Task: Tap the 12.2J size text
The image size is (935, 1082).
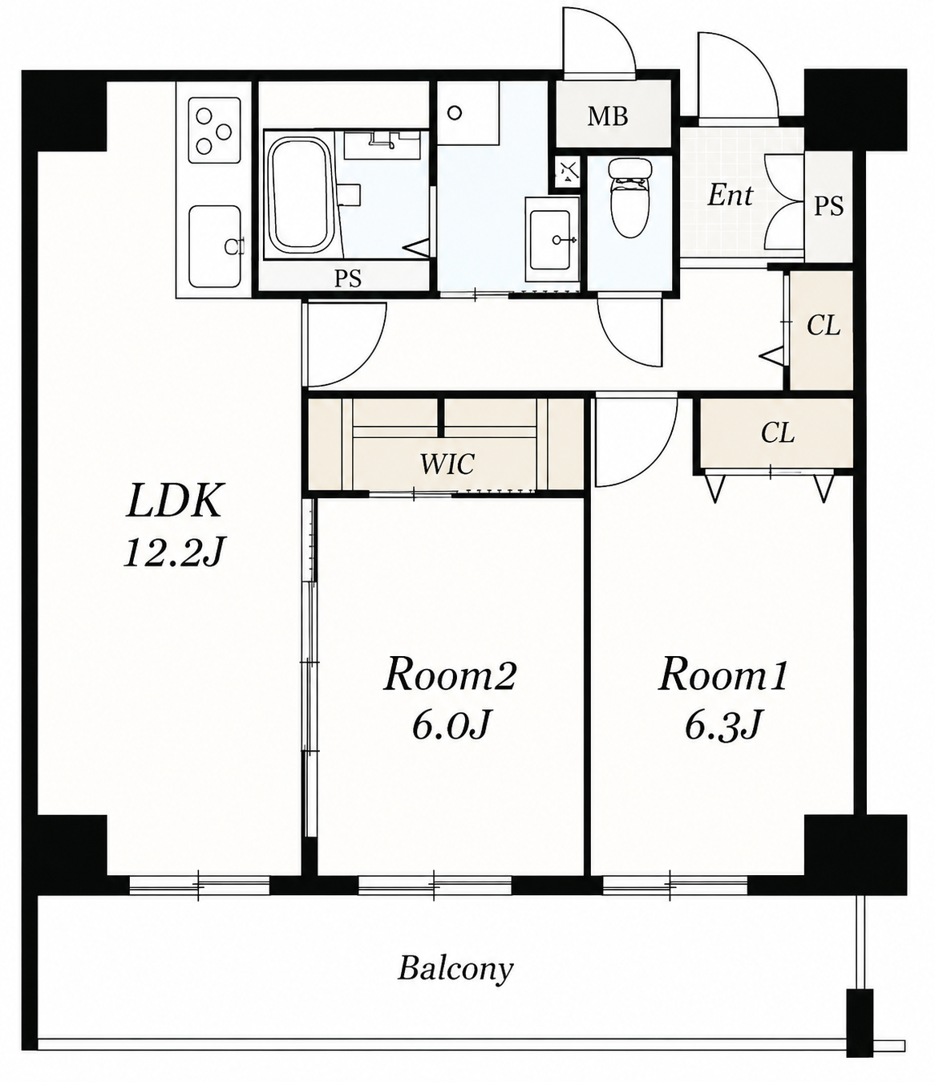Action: (x=173, y=553)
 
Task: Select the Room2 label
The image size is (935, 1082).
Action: (x=450, y=676)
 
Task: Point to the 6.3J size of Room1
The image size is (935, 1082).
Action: (x=722, y=724)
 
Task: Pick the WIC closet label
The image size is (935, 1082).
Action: (x=447, y=464)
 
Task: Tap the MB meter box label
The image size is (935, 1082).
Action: (x=607, y=116)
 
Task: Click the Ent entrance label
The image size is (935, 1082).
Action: (x=730, y=195)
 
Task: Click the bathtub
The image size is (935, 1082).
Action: (x=299, y=194)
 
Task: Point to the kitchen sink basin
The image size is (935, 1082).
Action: (x=215, y=246)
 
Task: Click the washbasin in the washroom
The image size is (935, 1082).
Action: (x=550, y=240)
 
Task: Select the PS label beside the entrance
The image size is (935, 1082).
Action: (x=829, y=205)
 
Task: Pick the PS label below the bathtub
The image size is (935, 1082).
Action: (x=348, y=278)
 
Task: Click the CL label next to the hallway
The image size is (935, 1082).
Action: (x=823, y=326)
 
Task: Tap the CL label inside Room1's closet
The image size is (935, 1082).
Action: (x=778, y=432)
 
